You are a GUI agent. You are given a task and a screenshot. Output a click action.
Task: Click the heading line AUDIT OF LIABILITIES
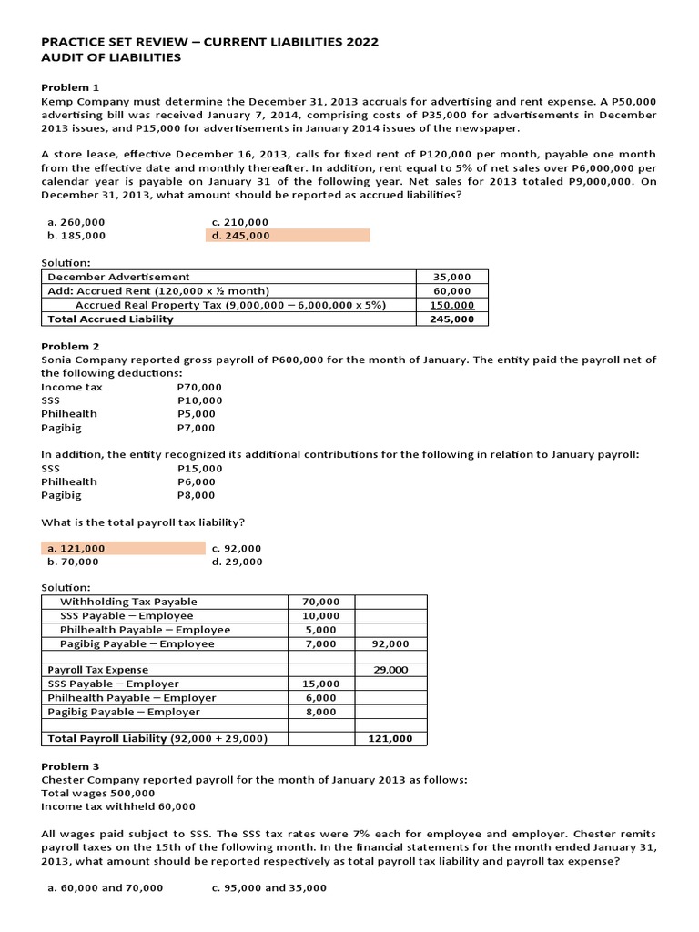tap(111, 58)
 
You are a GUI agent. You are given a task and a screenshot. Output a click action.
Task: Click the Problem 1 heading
tap(69, 87)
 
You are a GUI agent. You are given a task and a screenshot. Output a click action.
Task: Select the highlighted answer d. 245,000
tap(240, 236)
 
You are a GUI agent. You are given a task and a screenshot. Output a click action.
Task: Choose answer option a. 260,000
tap(76, 222)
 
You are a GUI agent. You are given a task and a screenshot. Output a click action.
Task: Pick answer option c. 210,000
tap(239, 222)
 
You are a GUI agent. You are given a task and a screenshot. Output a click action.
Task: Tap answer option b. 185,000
tap(76, 236)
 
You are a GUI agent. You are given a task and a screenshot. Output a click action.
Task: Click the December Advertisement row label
tap(118, 277)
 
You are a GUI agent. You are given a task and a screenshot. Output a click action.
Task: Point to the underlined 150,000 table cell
tap(451, 305)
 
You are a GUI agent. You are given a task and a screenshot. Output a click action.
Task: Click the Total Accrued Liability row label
tap(110, 319)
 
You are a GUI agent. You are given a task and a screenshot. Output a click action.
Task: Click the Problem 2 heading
tap(69, 347)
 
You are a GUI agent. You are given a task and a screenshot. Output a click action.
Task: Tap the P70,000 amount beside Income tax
tap(199, 388)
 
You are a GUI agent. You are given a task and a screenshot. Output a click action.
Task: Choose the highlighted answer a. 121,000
tap(76, 549)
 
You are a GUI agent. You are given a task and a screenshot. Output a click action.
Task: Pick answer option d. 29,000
tap(237, 562)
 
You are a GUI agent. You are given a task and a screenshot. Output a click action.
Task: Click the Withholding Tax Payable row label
tap(127, 602)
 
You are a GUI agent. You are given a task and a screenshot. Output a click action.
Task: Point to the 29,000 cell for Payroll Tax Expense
tap(390, 670)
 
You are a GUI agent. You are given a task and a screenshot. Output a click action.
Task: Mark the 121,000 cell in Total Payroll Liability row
tap(390, 739)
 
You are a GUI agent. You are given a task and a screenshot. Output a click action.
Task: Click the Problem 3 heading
tap(69, 766)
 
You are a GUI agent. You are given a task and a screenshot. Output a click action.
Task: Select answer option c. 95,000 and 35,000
tap(268, 888)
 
